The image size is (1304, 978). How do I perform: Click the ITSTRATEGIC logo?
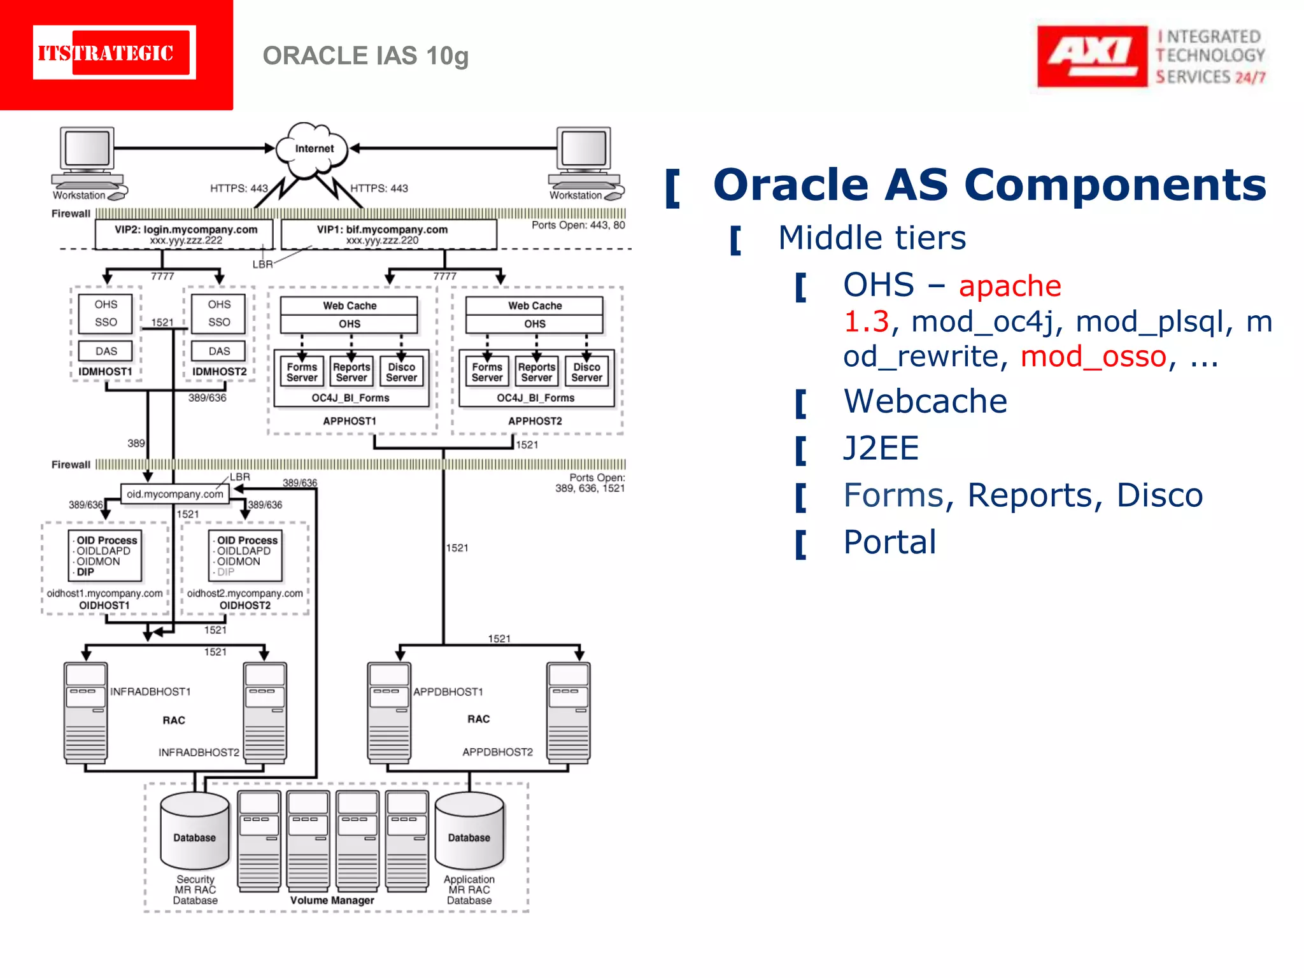pyautogui.click(x=115, y=53)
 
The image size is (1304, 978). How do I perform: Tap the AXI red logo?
pyautogui.click(x=1091, y=56)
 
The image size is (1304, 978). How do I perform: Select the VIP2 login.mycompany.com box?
pyautogui.click(x=185, y=234)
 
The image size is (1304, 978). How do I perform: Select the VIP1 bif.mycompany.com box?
pyautogui.click(x=388, y=234)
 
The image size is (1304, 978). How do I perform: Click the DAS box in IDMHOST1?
pyautogui.click(x=106, y=351)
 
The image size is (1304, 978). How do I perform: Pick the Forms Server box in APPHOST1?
pyautogui.click(x=302, y=372)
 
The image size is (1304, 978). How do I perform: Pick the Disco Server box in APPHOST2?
pyautogui.click(x=586, y=372)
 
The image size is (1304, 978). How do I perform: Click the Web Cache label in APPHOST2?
pyautogui.click(x=535, y=306)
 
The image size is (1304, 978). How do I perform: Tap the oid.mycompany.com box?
pyautogui.click(x=175, y=494)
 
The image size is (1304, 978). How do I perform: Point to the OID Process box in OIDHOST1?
pyautogui.click(x=106, y=556)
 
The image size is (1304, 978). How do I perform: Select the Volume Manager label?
pyautogui.click(x=332, y=900)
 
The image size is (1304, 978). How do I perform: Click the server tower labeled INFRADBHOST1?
pyautogui.click(x=85, y=712)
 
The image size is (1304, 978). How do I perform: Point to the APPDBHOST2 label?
pyautogui.click(x=497, y=752)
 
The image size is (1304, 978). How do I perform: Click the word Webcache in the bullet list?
pyautogui.click(x=925, y=402)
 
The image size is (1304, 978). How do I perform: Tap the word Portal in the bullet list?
pyautogui.click(x=889, y=542)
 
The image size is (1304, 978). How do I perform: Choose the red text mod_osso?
pyautogui.click(x=1093, y=357)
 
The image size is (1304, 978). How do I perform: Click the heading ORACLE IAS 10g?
pyautogui.click(x=365, y=56)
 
